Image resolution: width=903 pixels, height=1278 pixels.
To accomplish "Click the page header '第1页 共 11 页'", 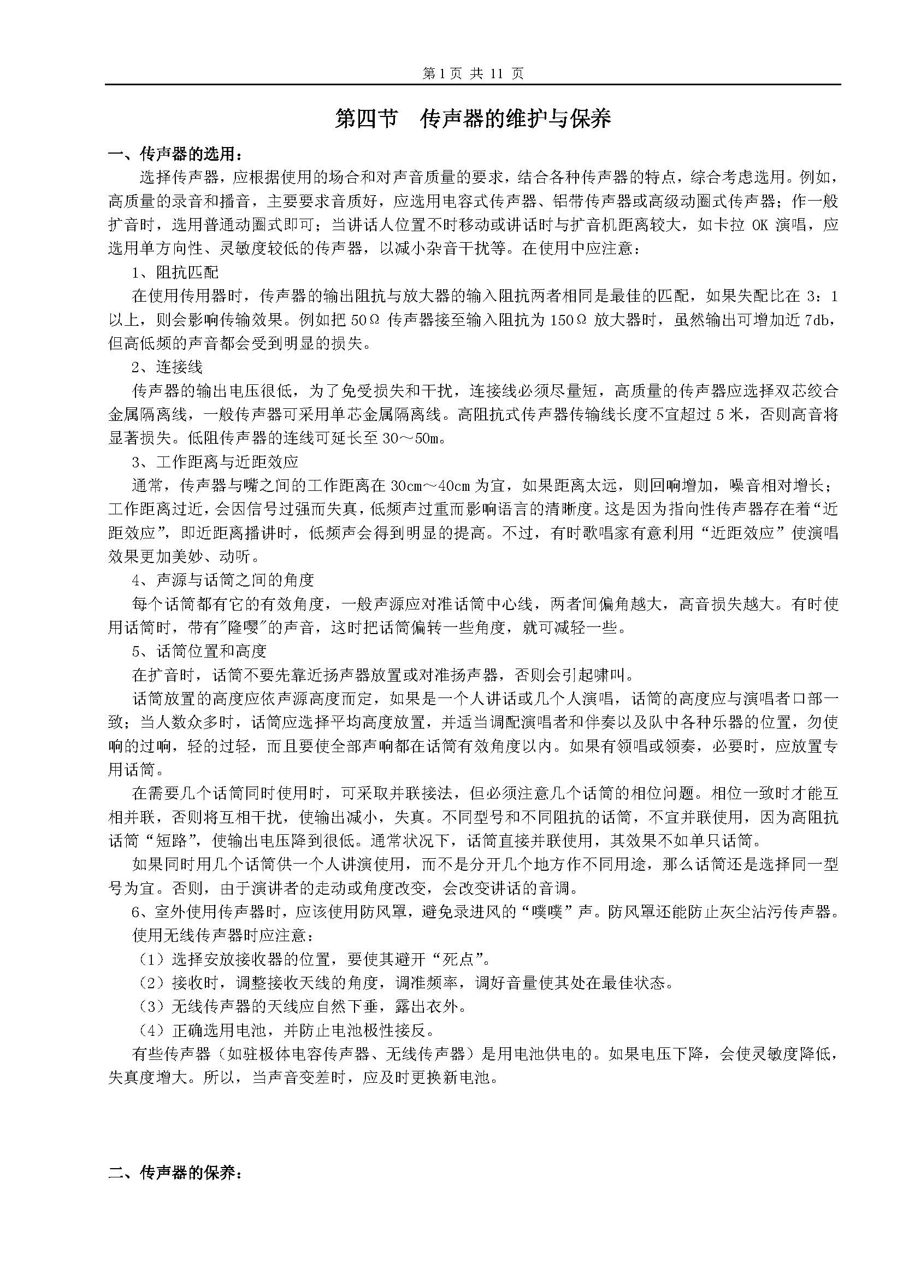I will tap(473, 73).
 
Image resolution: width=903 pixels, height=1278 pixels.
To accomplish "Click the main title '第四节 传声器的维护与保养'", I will tap(473, 119).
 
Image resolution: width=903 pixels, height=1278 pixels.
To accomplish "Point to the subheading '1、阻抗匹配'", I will tap(175, 272).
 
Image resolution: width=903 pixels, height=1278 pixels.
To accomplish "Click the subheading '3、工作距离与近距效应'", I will tap(215, 461).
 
